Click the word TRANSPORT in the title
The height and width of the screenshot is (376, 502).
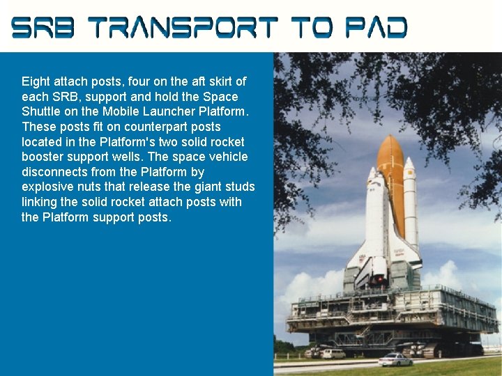pos(185,28)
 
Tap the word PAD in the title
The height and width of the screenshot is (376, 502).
pos(377,28)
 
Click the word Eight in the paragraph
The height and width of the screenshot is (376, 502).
pos(36,81)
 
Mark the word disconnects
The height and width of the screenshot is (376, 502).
pos(56,172)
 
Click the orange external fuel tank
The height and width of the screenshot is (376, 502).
pos(391,174)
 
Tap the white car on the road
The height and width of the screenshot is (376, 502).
pos(395,359)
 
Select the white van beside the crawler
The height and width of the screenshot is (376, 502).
pos(333,354)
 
